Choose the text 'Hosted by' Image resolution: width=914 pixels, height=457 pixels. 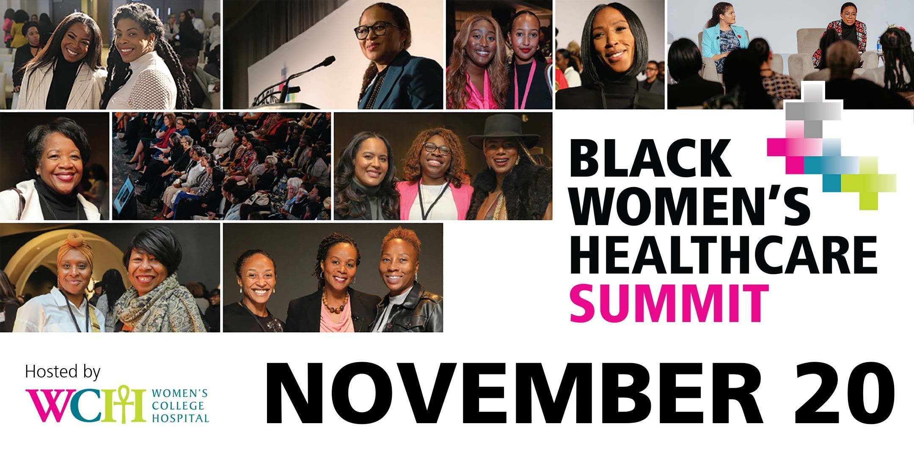coord(63,372)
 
